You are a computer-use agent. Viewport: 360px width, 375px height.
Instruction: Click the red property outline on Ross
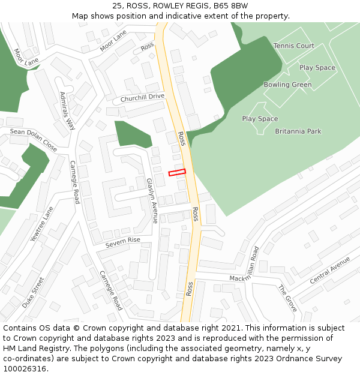(177, 172)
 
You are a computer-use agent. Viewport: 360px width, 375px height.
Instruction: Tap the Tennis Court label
(293, 46)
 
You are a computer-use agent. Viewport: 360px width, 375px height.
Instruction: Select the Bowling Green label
(287, 85)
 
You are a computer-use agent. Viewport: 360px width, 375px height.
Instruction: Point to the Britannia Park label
(298, 131)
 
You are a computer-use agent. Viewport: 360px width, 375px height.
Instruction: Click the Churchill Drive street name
(142, 97)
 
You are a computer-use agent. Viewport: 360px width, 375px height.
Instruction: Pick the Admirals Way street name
(67, 111)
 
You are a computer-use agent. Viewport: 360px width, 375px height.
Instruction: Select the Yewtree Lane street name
(42, 224)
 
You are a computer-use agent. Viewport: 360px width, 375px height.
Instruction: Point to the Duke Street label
(34, 292)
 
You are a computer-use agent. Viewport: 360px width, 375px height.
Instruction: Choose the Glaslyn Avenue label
(152, 200)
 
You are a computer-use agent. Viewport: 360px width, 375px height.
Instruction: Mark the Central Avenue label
(329, 271)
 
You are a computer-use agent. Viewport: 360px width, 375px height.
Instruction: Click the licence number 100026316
(25, 369)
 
